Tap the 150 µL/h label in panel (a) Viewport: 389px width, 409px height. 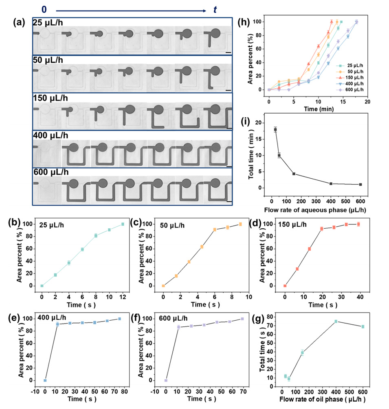51,99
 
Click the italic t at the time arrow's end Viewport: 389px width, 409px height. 215,9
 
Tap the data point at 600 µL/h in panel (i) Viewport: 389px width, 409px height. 360,184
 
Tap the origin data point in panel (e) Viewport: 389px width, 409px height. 45,381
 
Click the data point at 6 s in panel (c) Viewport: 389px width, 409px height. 215,230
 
